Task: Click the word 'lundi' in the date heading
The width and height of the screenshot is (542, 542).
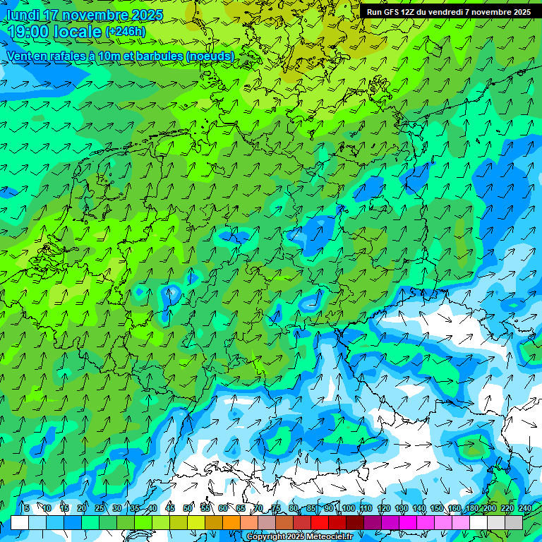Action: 23,16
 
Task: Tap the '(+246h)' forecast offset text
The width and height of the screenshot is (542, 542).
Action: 126,32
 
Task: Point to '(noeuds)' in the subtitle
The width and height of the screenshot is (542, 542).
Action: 210,56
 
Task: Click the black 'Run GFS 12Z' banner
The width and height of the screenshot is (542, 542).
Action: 449,12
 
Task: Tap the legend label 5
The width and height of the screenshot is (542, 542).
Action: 26,509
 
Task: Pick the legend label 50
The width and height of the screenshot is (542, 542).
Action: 188,509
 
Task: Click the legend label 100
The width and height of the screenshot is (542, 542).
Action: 347,509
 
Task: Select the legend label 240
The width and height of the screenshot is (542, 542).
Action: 524,509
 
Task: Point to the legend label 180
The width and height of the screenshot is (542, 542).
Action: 471,509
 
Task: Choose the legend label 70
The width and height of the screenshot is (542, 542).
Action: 258,509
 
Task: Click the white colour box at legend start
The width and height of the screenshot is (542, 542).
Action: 20,522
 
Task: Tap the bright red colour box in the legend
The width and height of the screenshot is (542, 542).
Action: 320,522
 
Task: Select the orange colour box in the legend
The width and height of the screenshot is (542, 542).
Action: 231,522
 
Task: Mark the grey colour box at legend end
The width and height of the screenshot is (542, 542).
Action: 514,522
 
